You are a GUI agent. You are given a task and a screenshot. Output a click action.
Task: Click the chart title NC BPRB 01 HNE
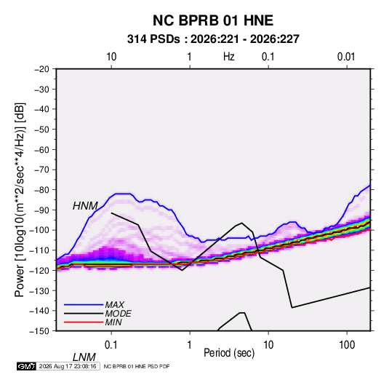[x=213, y=20]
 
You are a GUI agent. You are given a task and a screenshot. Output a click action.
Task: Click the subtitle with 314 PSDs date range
[x=213, y=39]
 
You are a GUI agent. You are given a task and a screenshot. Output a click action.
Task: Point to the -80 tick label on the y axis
[x=41, y=190]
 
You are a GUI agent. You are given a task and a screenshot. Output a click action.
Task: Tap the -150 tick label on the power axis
[x=39, y=331]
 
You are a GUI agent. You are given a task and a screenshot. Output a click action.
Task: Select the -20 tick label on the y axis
[x=41, y=69]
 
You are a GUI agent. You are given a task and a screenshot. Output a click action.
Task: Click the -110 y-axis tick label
[x=39, y=250]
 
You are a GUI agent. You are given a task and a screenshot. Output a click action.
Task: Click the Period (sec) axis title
[x=229, y=353]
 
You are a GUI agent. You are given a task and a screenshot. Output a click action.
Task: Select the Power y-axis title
[x=20, y=200]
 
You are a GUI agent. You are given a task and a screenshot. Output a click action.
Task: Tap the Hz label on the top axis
[x=229, y=57]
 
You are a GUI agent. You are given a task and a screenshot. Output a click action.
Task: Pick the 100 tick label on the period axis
[x=347, y=345]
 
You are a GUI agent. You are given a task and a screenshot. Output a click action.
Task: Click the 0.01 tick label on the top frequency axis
[x=346, y=57]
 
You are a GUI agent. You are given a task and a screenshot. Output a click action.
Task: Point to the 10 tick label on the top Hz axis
[x=111, y=57]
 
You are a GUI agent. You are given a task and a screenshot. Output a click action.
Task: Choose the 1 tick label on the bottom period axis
[x=189, y=345]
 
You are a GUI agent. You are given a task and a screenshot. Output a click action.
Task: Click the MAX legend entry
[x=115, y=305]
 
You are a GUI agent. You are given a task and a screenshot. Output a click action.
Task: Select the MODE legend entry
[x=118, y=314]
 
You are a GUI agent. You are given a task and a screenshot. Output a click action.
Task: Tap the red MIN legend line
[x=84, y=322]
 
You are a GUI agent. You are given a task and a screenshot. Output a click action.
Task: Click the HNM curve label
[x=85, y=206]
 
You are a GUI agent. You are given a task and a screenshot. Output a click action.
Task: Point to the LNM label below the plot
[x=84, y=357]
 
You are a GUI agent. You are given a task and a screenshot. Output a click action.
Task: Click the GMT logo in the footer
[x=27, y=366]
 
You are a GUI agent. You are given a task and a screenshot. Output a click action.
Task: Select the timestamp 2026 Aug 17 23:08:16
[x=68, y=366]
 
